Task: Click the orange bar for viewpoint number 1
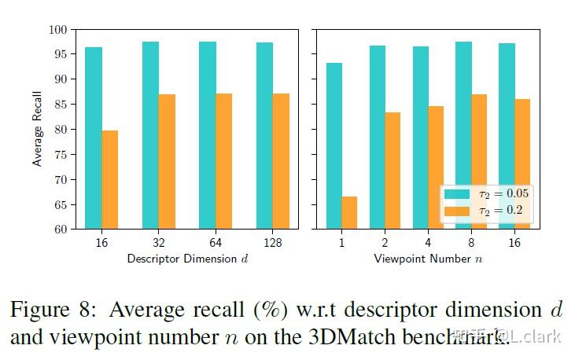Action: point(349,212)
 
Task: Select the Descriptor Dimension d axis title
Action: point(187,259)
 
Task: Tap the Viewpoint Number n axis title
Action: point(427,259)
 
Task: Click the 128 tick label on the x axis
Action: point(272,244)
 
